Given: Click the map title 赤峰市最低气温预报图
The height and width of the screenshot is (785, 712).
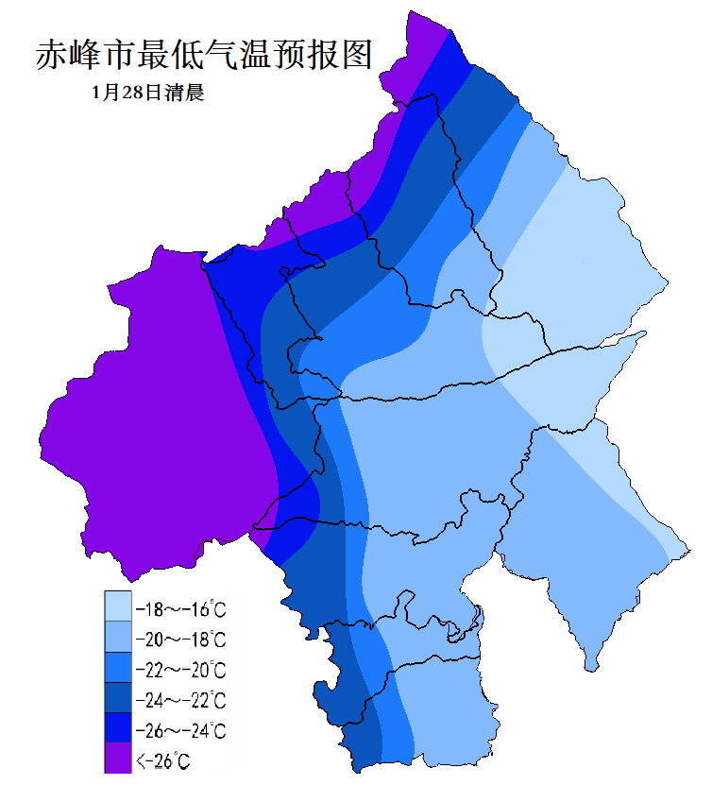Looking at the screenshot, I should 204,54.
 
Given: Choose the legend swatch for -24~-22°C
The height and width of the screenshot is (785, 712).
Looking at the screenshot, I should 117,700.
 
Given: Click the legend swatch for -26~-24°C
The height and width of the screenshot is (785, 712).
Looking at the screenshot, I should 117,730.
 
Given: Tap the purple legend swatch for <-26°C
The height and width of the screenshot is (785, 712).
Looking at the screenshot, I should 117,759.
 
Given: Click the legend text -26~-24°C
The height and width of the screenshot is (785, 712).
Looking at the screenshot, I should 180,731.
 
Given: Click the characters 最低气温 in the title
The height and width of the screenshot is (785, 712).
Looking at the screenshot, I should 205,54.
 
